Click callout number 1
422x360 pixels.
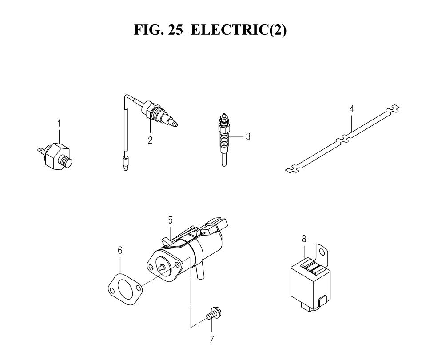(x=59, y=124)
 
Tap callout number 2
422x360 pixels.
(x=150, y=140)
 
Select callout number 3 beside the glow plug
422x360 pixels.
(x=248, y=136)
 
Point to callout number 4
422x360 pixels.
(x=351, y=109)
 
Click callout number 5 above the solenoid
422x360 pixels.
(x=171, y=220)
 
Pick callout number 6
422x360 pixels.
(x=120, y=250)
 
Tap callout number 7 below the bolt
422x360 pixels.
(x=211, y=340)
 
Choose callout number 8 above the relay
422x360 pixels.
(x=304, y=239)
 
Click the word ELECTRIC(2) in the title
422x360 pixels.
(x=239, y=30)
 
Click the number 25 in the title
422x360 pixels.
(x=175, y=30)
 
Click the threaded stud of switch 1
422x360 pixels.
(x=67, y=162)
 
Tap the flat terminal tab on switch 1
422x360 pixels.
(x=40, y=151)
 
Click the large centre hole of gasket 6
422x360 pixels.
(x=125, y=288)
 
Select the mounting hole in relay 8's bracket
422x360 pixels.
(x=322, y=252)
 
